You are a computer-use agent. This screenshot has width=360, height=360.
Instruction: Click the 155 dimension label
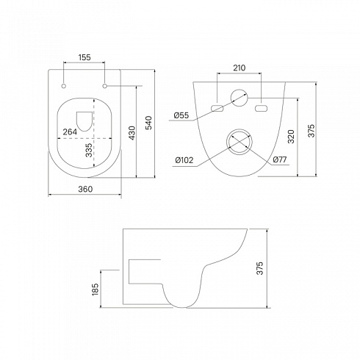point(84,57)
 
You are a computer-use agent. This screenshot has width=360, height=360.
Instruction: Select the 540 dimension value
point(148,123)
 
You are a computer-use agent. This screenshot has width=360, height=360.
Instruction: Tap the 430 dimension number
point(132,133)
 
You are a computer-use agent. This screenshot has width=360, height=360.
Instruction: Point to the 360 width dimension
point(85,189)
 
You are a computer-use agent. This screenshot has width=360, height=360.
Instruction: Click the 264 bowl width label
point(70,132)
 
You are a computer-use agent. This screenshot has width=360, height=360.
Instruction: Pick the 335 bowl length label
point(89,150)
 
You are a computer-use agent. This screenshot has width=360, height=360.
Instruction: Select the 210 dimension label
point(239,68)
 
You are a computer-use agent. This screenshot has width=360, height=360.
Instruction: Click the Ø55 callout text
point(181,115)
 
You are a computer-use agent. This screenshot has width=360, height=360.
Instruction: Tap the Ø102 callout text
point(184,160)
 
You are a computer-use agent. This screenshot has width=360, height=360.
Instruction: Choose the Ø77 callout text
point(279,159)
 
